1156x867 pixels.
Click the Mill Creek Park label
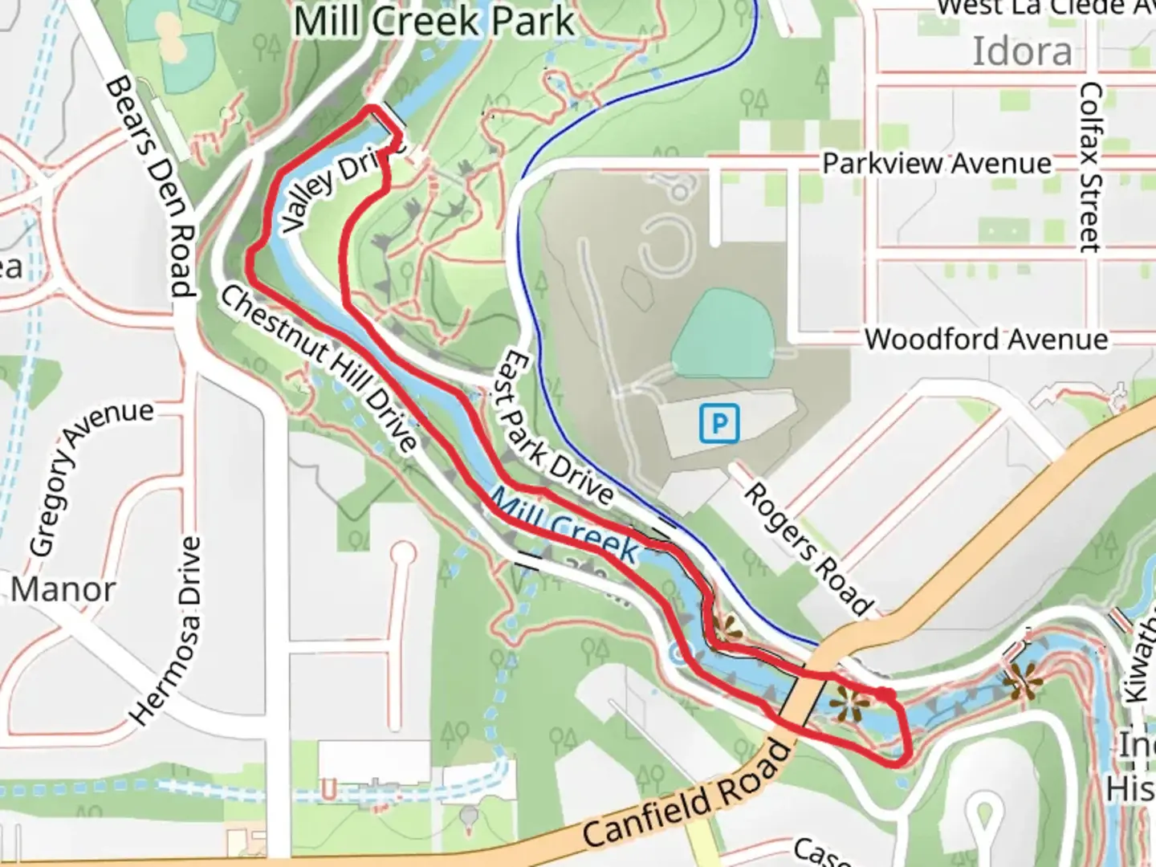point(433,22)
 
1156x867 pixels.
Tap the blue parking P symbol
point(718,423)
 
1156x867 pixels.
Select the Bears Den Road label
point(151,186)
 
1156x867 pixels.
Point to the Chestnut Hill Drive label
point(319,368)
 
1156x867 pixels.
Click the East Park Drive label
point(557,429)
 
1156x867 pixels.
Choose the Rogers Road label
point(808,548)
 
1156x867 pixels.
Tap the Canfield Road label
point(687,796)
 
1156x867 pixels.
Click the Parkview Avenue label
point(937,164)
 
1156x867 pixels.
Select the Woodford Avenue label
point(986,340)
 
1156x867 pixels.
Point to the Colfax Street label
point(1090,167)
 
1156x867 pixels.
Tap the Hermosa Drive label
point(167,629)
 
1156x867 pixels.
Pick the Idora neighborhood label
point(1022,52)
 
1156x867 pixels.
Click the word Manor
point(63,590)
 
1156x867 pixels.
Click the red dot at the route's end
point(884,694)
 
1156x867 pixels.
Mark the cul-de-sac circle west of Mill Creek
point(404,553)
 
